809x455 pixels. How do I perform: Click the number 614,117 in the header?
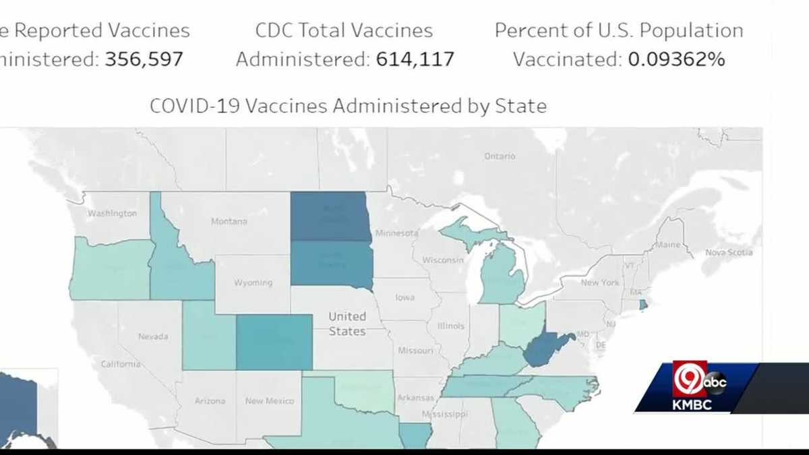413,59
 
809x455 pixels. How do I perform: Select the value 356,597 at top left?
144,59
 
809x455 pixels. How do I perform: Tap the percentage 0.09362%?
676,59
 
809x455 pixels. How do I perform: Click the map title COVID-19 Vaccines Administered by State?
348,106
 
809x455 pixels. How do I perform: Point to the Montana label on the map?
229,221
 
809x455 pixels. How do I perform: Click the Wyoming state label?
253,282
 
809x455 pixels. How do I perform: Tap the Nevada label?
153,336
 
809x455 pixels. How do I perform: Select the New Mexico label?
269,401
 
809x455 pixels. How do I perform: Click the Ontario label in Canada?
500,156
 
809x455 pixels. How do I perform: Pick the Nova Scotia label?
729,253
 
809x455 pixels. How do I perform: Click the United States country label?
347,324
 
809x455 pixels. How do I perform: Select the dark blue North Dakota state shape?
330,216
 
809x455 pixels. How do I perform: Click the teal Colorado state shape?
274,342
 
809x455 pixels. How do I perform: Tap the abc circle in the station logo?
715,381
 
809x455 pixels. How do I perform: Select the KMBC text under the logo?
692,405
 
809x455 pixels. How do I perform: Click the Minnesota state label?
397,233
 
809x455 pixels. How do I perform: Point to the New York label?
599,282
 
